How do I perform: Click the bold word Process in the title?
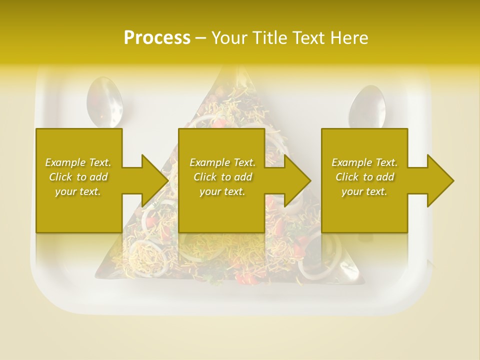[157, 38]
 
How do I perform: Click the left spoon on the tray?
[104, 103]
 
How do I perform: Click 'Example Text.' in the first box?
[78, 162]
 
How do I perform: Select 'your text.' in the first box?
[78, 191]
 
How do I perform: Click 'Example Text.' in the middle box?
[222, 162]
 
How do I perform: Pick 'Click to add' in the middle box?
[222, 177]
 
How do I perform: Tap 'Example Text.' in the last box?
[364, 162]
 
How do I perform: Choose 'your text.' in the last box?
[364, 191]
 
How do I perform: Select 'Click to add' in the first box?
[78, 177]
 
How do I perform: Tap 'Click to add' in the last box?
[364, 177]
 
